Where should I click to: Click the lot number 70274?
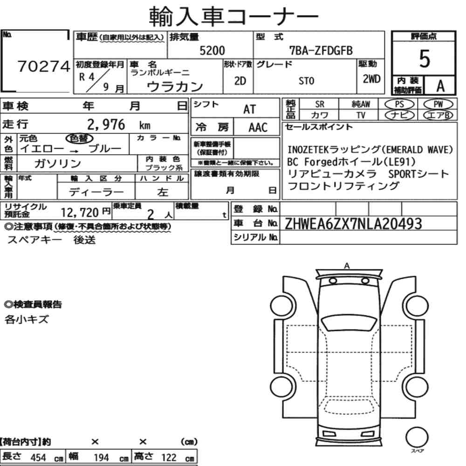pos(44,66)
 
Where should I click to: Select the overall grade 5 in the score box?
pos(425,59)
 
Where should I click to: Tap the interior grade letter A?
pos(440,86)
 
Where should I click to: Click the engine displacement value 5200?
pos(212,50)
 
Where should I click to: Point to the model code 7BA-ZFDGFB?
pos(321,51)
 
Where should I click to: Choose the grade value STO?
pos(307,81)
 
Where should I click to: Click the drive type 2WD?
pos(371,79)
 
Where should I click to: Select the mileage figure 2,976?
pos(106,124)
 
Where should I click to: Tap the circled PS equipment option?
pos(399,104)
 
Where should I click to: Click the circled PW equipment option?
pos(438,104)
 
